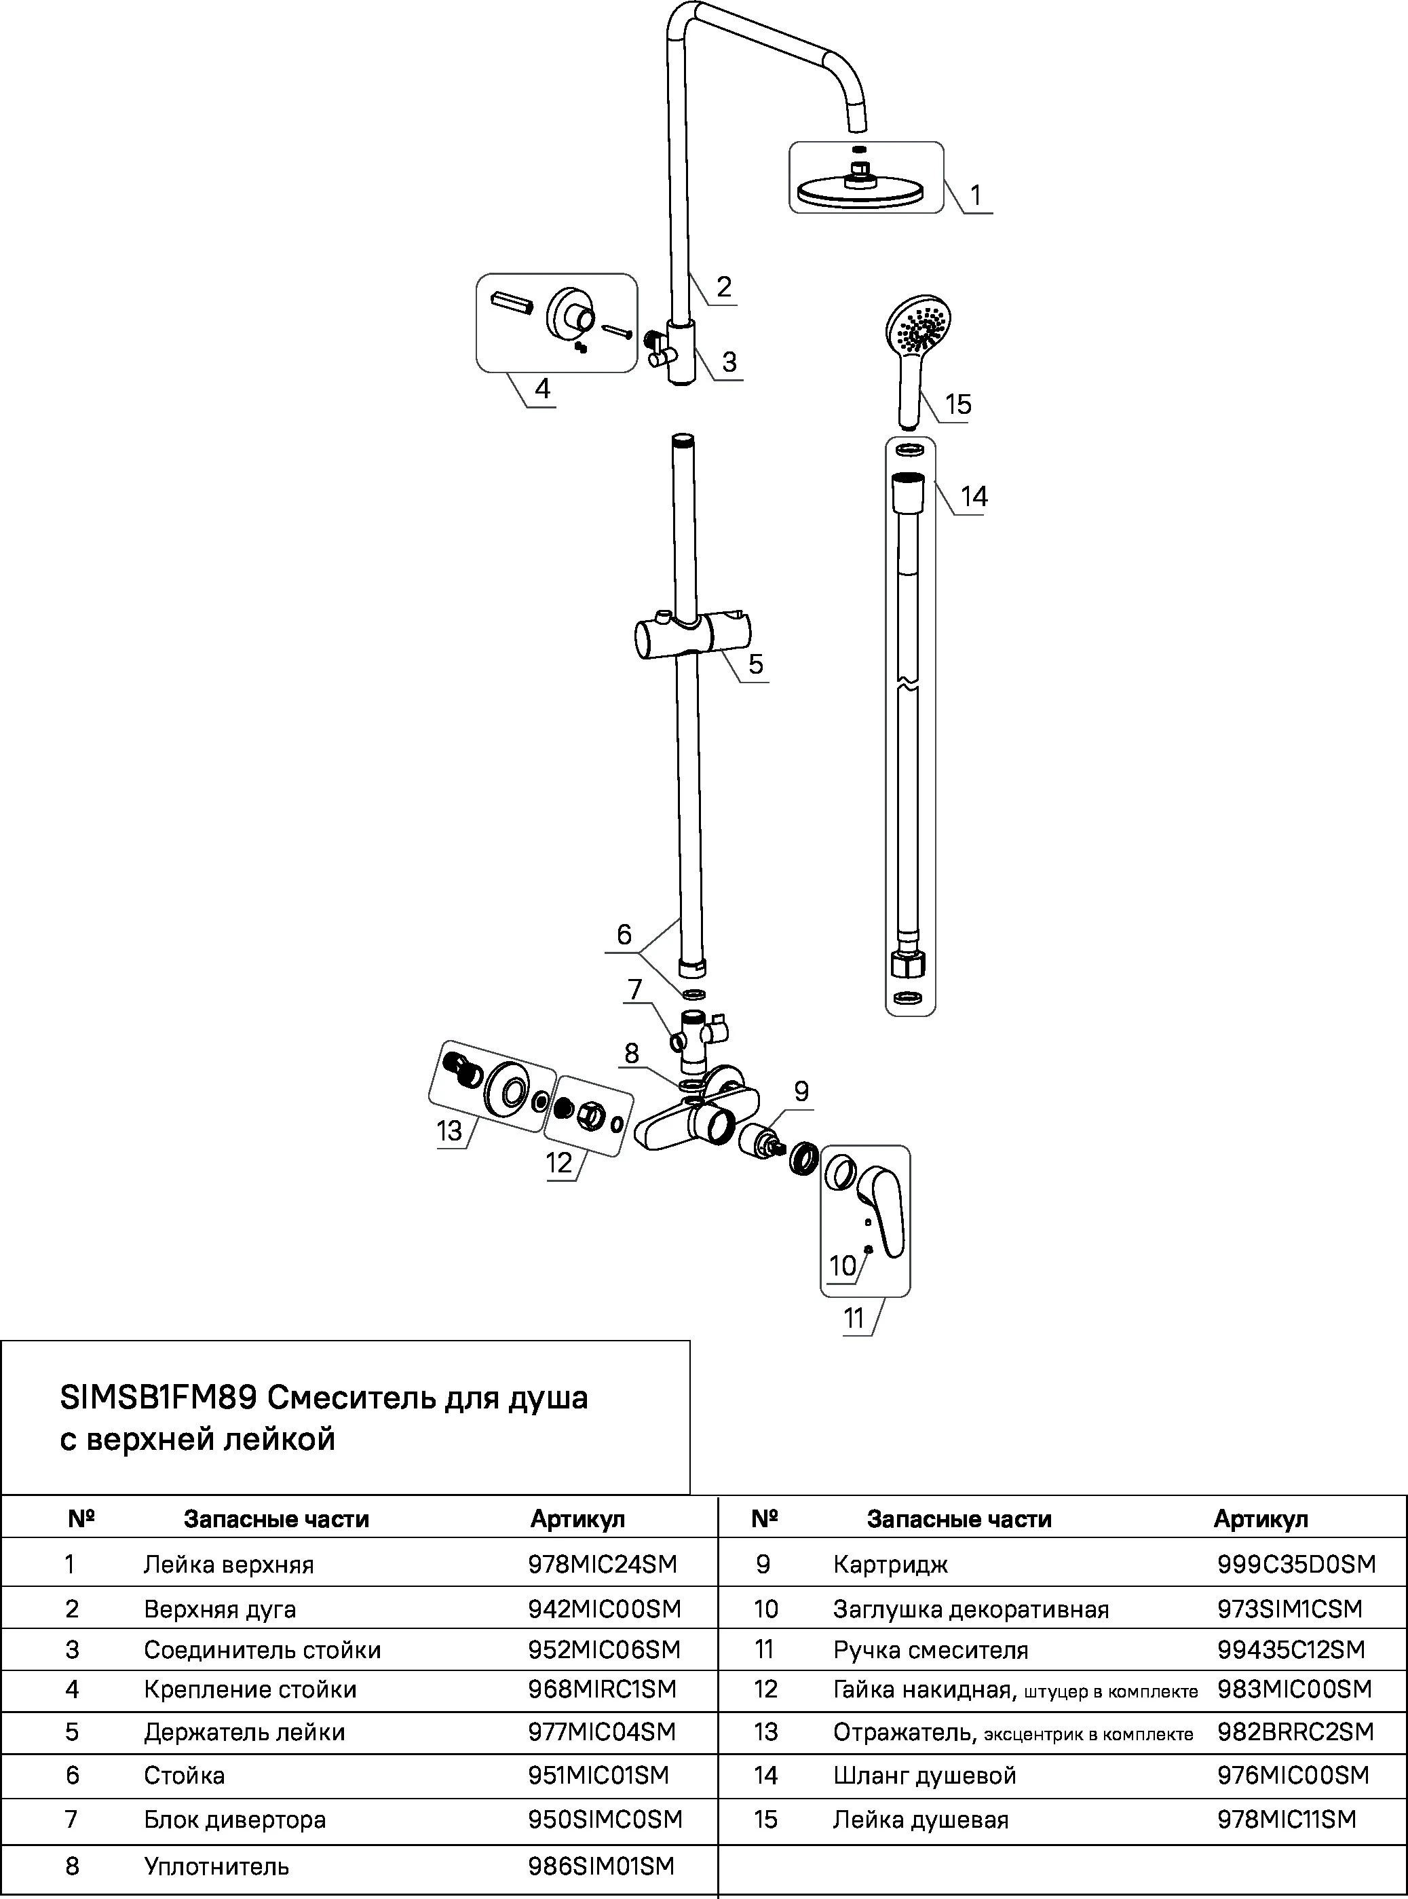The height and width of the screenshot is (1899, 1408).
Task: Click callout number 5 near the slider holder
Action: click(x=756, y=664)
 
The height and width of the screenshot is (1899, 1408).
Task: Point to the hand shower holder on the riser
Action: click(x=693, y=636)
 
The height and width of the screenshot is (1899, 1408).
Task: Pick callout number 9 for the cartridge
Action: click(x=801, y=1092)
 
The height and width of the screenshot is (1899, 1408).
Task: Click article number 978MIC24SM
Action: click(x=602, y=1565)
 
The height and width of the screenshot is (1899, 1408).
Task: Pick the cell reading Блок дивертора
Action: click(x=234, y=1820)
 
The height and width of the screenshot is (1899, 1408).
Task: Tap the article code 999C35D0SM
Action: click(x=1295, y=1565)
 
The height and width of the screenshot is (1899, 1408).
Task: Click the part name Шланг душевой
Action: click(x=925, y=1776)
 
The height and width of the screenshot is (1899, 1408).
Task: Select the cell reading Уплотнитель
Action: click(x=216, y=1866)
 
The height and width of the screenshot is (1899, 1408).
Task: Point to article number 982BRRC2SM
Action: click(x=1295, y=1732)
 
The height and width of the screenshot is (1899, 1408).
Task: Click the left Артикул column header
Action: click(x=578, y=1519)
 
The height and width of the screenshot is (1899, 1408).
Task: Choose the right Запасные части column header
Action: click(x=959, y=1519)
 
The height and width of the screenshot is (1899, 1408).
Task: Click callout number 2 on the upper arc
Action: click(x=723, y=286)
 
